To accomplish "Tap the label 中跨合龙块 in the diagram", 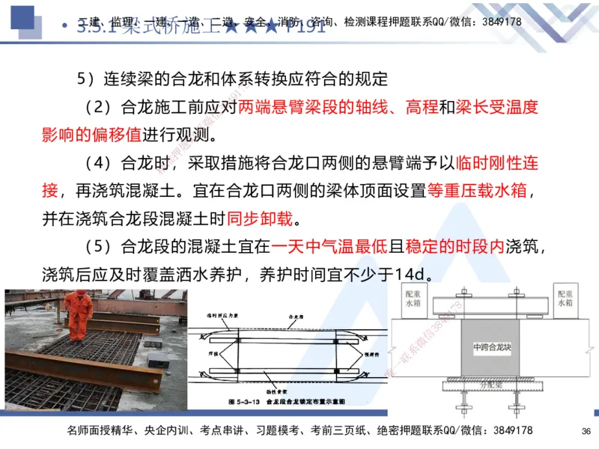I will pyautogui.click(x=490, y=349).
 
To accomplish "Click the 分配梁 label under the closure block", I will pyautogui.click(x=490, y=385).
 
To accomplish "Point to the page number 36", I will pyautogui.click(x=586, y=431).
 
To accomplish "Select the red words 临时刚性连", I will pyautogui.click(x=497, y=163).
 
